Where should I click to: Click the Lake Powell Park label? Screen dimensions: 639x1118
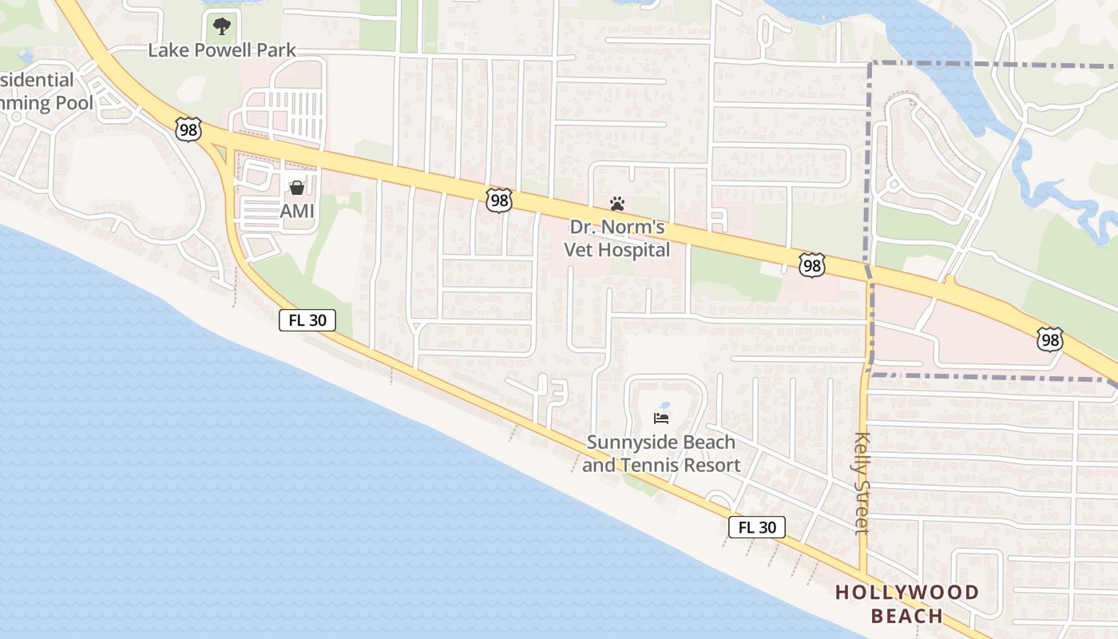[222, 50]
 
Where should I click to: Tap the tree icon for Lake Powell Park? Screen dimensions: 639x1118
[222, 27]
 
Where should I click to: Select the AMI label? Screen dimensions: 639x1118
[296, 212]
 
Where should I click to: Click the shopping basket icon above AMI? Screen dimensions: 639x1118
[297, 188]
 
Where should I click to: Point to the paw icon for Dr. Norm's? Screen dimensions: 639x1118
[616, 204]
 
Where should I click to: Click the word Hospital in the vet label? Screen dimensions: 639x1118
[636, 250]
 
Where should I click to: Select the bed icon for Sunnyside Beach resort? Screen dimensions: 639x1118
[661, 418]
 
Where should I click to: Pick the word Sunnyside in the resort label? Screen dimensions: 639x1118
[626, 442]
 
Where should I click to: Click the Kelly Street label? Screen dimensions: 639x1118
[862, 482]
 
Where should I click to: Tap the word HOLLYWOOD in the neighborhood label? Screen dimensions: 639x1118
[907, 593]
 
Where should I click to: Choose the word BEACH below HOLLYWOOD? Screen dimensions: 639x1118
[907, 616]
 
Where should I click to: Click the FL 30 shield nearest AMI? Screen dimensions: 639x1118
[307, 321]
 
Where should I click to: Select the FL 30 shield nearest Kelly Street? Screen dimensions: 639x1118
[756, 527]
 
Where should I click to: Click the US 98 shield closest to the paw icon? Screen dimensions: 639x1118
[499, 200]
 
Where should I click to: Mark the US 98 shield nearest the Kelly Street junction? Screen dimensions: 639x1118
[811, 266]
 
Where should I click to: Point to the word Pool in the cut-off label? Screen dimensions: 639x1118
[74, 102]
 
